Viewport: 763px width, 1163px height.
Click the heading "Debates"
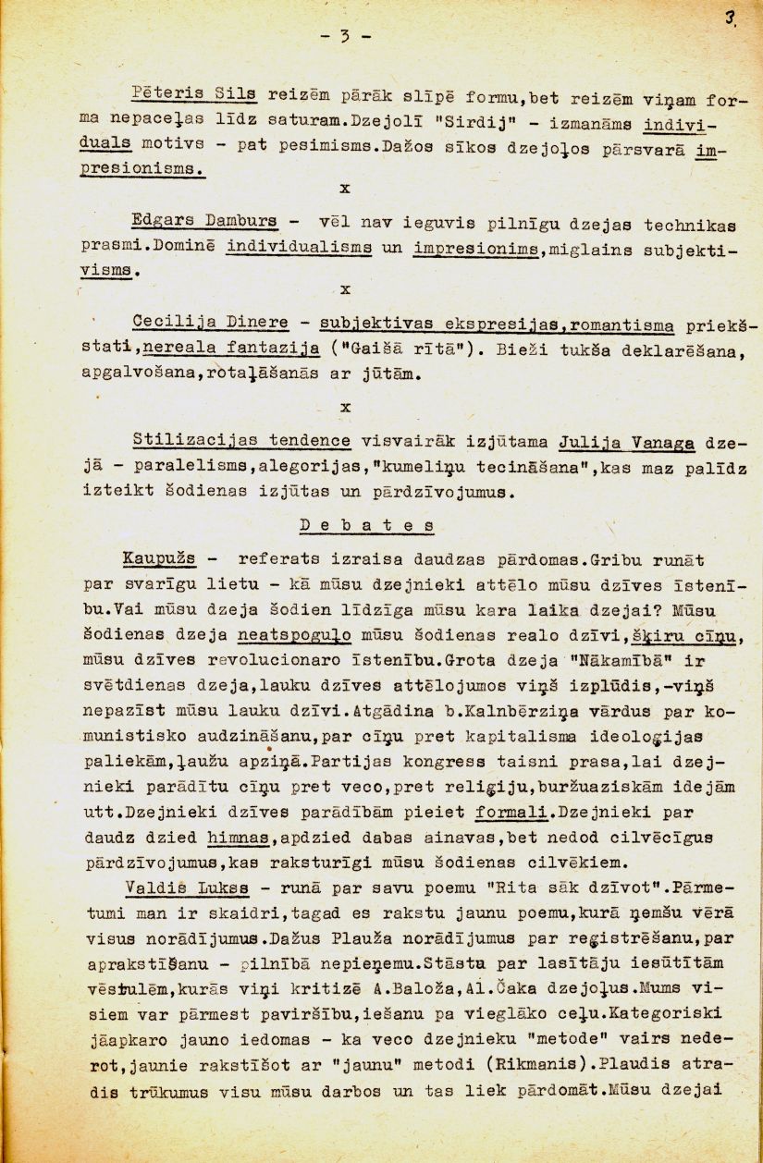coord(366,525)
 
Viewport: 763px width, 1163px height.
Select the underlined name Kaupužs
coord(158,559)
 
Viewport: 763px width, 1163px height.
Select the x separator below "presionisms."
coord(345,188)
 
